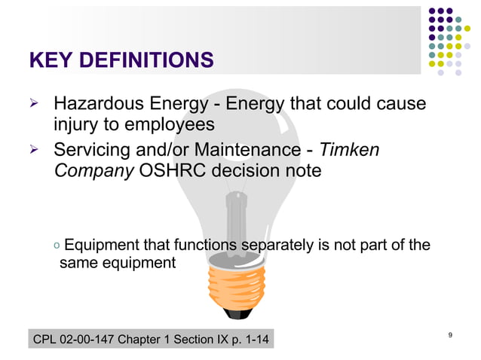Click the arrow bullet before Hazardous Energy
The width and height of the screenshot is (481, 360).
coord(33,102)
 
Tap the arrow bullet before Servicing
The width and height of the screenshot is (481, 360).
coord(33,151)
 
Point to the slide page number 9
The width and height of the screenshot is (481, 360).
coord(450,334)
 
